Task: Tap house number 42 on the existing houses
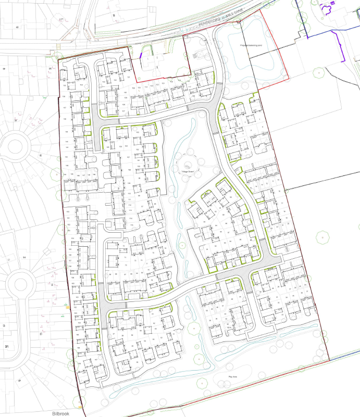pyautogui.click(x=17, y=26)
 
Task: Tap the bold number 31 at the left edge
pyautogui.click(x=7, y=346)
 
